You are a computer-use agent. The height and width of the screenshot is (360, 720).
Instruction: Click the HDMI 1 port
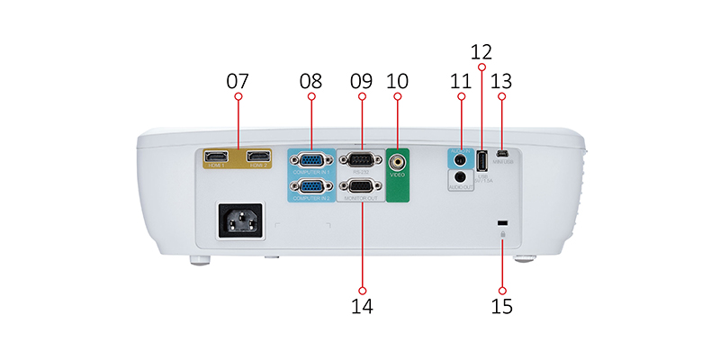pos(216,156)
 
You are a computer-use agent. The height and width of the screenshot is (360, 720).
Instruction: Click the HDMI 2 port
pos(259,156)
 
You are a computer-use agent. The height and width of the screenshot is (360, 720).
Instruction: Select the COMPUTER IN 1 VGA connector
pos(310,162)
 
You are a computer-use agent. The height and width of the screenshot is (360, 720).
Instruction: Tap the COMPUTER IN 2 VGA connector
pos(310,187)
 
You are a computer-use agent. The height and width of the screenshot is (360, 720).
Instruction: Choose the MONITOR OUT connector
pos(361,187)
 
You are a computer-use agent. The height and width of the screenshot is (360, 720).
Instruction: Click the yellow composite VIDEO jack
pos(397,163)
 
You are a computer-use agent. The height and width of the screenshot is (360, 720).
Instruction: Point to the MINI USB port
pos(502,153)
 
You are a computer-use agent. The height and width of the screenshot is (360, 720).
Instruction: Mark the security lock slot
pos(502,223)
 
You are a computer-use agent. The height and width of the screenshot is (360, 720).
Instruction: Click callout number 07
pos(238,80)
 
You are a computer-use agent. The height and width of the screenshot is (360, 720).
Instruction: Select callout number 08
pos(310,80)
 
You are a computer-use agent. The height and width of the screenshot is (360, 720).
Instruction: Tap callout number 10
pos(397,80)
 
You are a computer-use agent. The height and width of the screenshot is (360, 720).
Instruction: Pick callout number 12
pos(481,51)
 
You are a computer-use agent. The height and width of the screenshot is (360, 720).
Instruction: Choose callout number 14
pos(362,306)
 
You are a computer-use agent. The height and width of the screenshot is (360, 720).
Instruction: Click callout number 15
pos(502,306)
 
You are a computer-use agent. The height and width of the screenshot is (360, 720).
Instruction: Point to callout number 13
pos(502,80)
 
